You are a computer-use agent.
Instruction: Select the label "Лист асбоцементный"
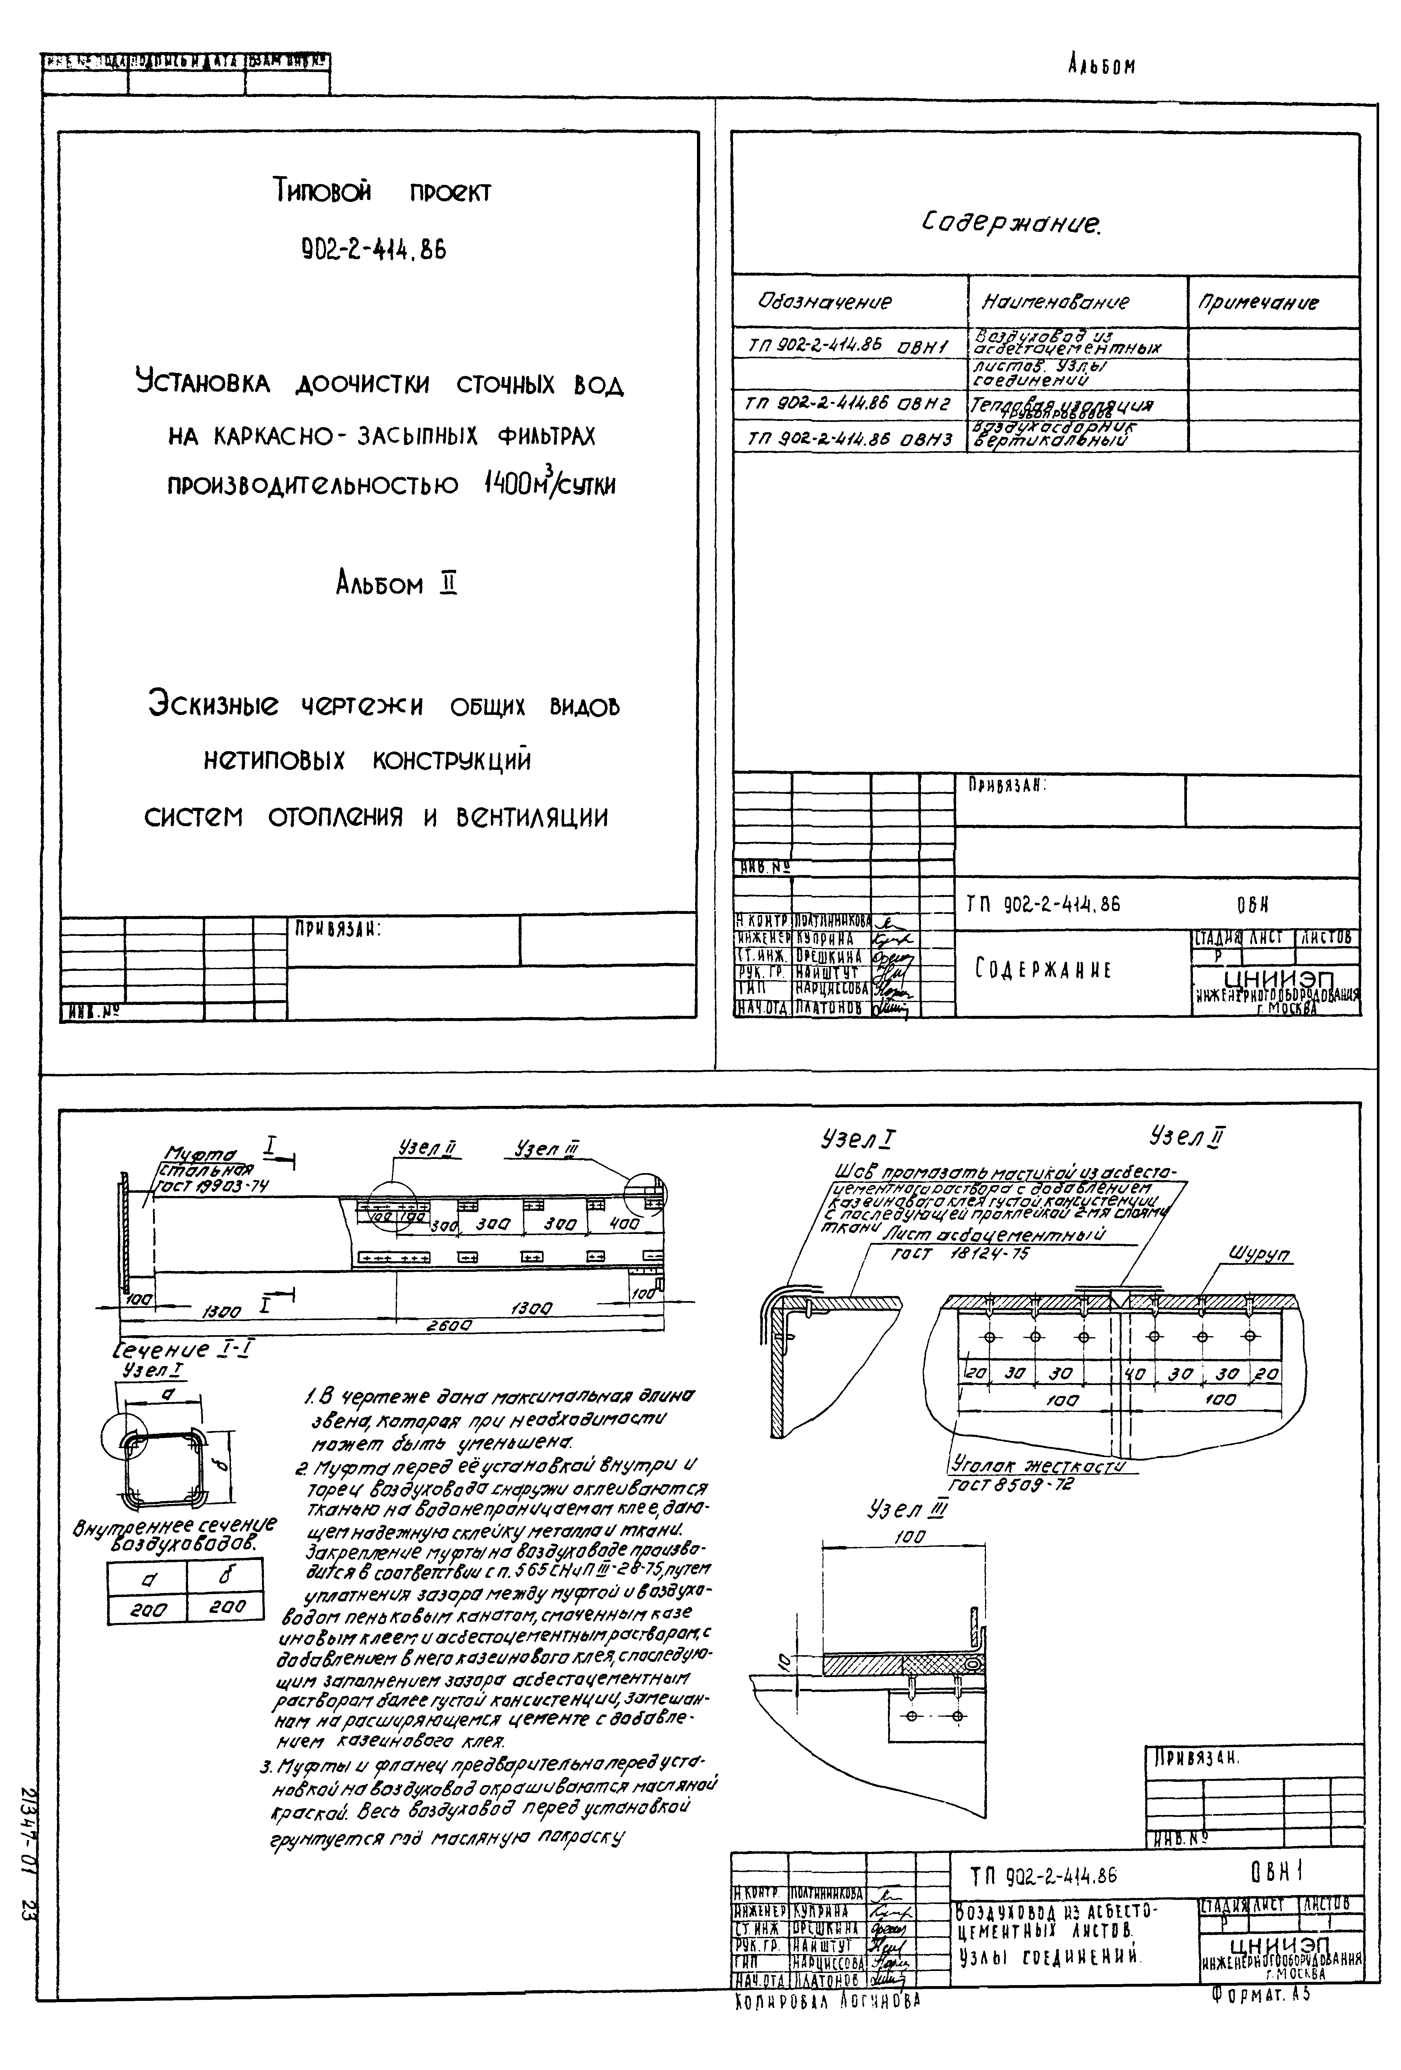tap(994, 1235)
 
